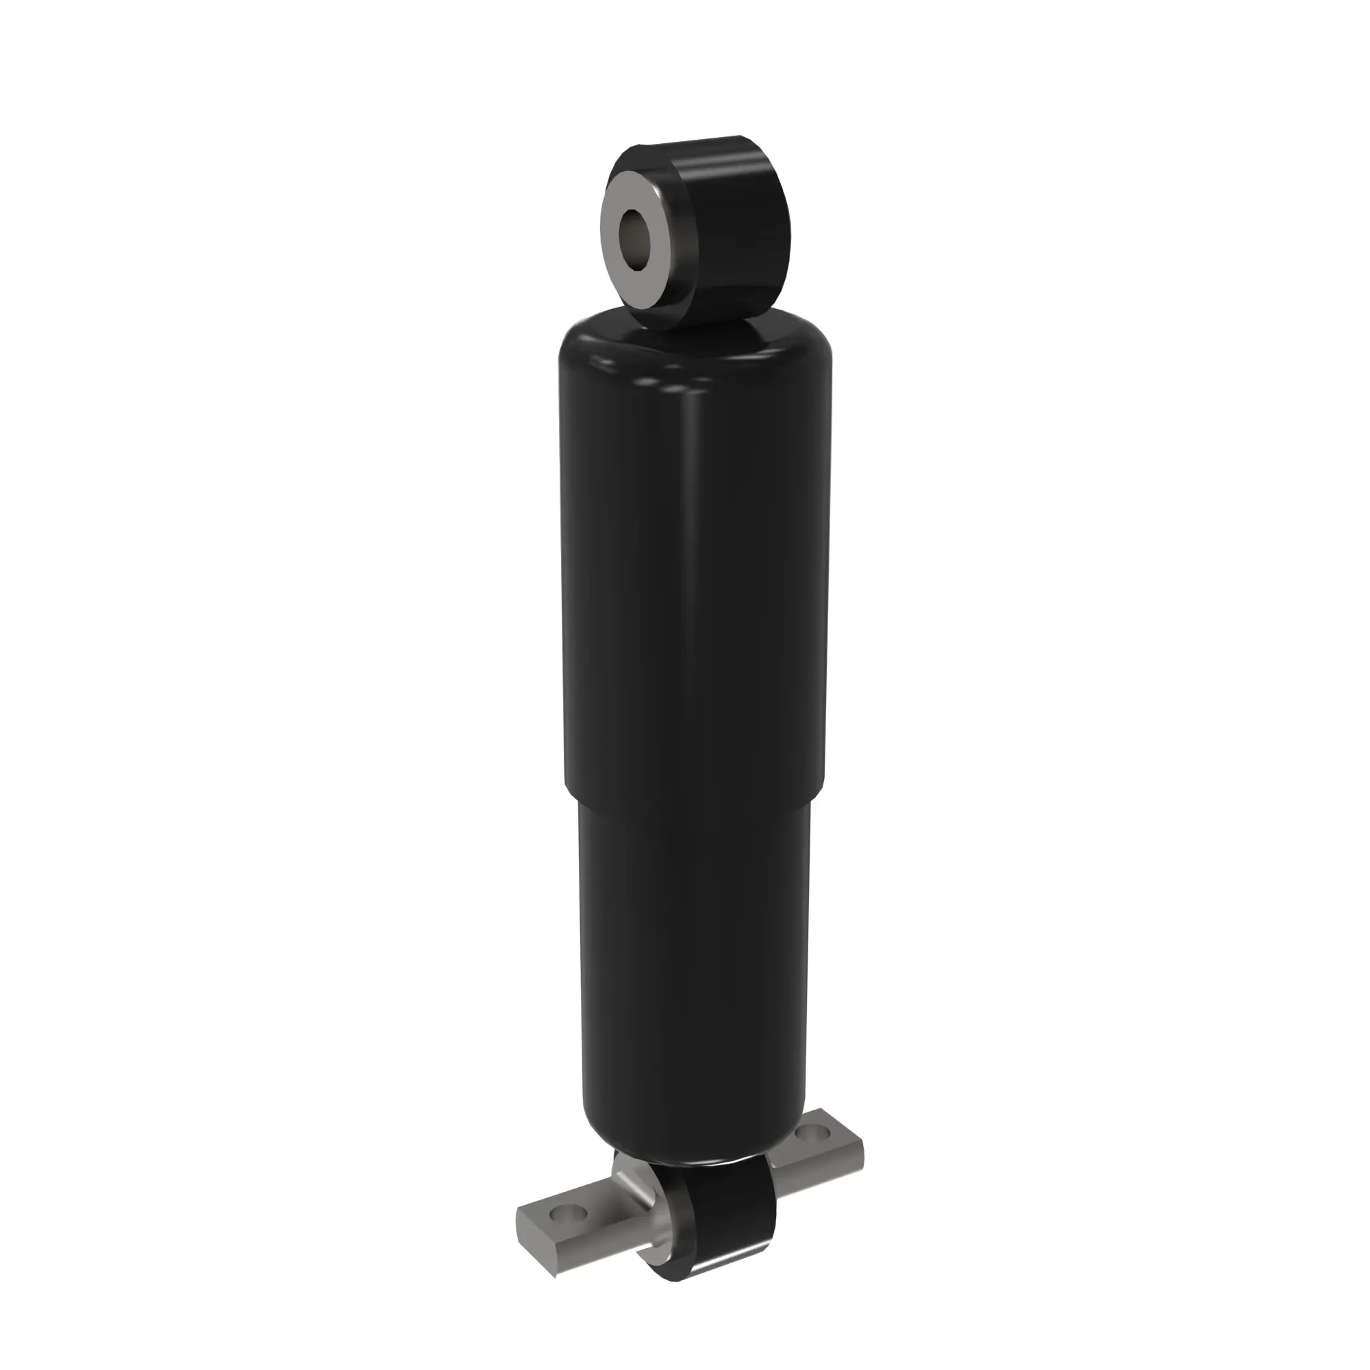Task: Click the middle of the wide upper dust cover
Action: [695, 567]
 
